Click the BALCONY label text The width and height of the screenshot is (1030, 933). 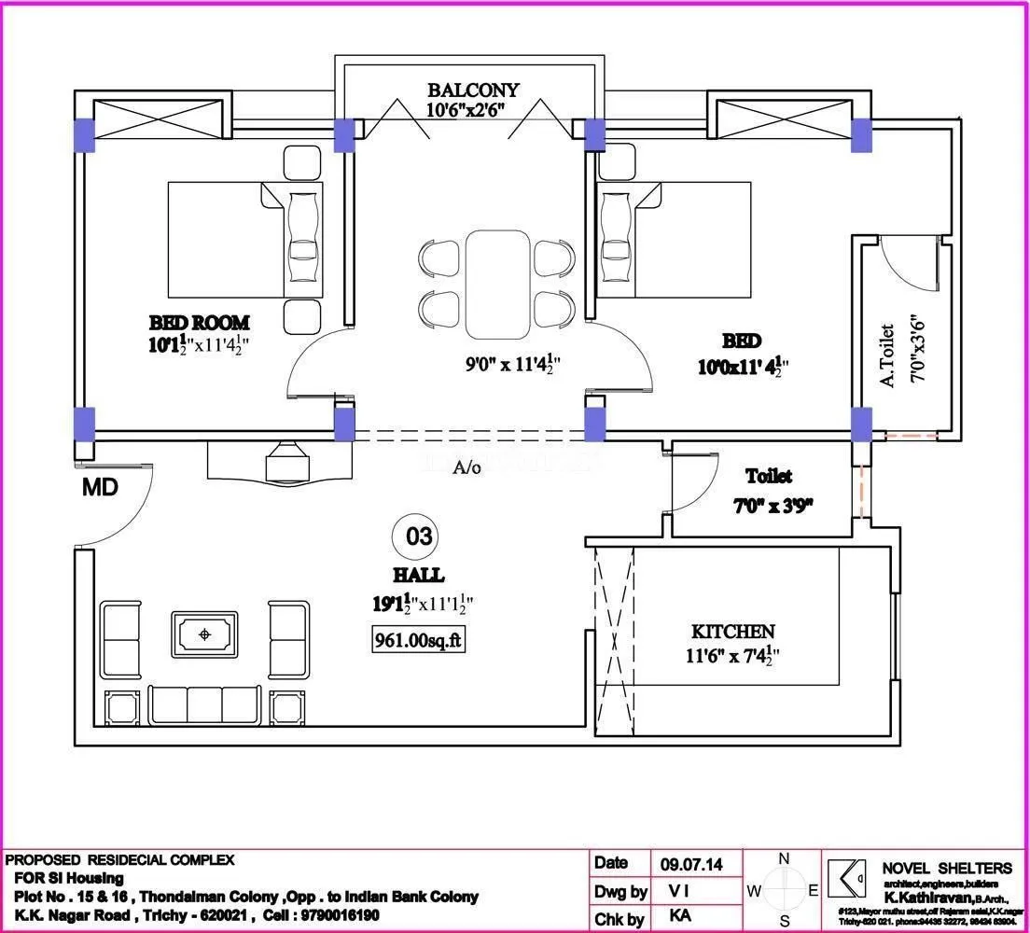click(x=473, y=91)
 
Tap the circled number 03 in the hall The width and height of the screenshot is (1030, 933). click(x=419, y=536)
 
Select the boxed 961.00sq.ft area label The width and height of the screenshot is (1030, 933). click(x=418, y=642)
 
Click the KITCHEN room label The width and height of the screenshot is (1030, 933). click(x=732, y=632)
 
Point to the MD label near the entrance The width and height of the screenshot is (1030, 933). click(x=101, y=487)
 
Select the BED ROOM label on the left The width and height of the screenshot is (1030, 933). click(x=200, y=323)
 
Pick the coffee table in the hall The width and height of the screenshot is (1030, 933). click(x=204, y=635)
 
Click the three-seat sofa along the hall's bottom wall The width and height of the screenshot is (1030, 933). click(x=204, y=706)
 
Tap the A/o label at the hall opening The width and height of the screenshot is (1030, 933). click(x=466, y=467)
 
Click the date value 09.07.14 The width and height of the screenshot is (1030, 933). click(x=691, y=864)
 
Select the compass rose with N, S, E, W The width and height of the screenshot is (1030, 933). click(x=784, y=891)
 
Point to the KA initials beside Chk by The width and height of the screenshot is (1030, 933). click(x=681, y=917)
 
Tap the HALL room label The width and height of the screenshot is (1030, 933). click(x=418, y=576)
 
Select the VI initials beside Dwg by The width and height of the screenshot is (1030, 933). click(x=681, y=891)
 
